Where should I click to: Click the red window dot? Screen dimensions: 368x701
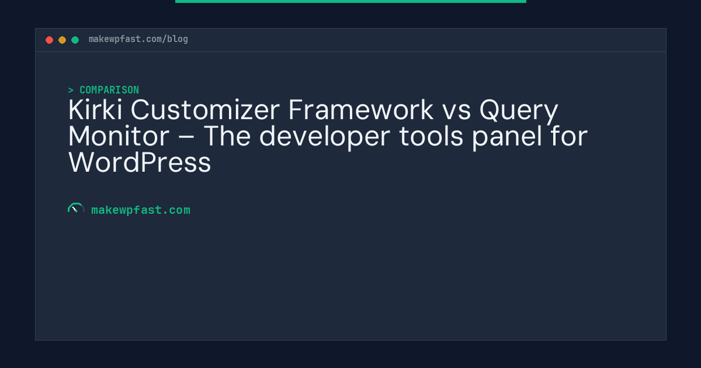(x=49, y=40)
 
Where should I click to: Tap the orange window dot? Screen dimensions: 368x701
(x=62, y=40)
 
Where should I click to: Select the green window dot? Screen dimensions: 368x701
(x=75, y=40)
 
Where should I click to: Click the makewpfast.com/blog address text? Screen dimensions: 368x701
(x=138, y=39)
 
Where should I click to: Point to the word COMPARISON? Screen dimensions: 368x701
(x=109, y=90)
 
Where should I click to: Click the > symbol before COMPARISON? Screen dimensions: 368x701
(x=71, y=90)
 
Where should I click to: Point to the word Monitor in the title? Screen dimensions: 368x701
(x=119, y=137)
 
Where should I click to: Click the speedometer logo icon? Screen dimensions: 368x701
(x=76, y=209)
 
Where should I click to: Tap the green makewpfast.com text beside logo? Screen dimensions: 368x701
(x=140, y=210)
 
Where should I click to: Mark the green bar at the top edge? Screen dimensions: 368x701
(x=350, y=1)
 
